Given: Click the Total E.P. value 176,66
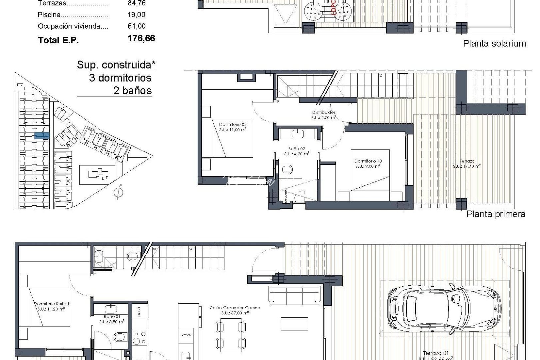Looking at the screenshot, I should (x=141, y=39).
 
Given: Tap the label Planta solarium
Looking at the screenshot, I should (x=494, y=44).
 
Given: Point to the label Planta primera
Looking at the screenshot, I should (x=496, y=214).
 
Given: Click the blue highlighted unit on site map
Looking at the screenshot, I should (x=42, y=136).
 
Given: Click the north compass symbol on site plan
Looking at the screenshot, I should (x=118, y=192).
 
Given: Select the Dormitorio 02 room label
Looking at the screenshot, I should (x=233, y=127).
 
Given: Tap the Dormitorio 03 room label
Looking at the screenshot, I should (x=368, y=163).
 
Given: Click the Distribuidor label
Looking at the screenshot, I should (x=324, y=115).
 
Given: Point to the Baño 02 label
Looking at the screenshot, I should (x=296, y=151).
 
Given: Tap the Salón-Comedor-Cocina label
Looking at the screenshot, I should (x=235, y=310).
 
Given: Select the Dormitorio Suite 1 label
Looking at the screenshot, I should (x=52, y=306).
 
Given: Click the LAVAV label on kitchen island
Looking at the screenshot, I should (x=185, y=335).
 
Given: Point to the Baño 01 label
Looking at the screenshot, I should (x=112, y=319).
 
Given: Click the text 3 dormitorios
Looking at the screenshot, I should (x=120, y=78).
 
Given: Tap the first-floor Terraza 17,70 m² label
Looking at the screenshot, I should (x=467, y=163).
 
